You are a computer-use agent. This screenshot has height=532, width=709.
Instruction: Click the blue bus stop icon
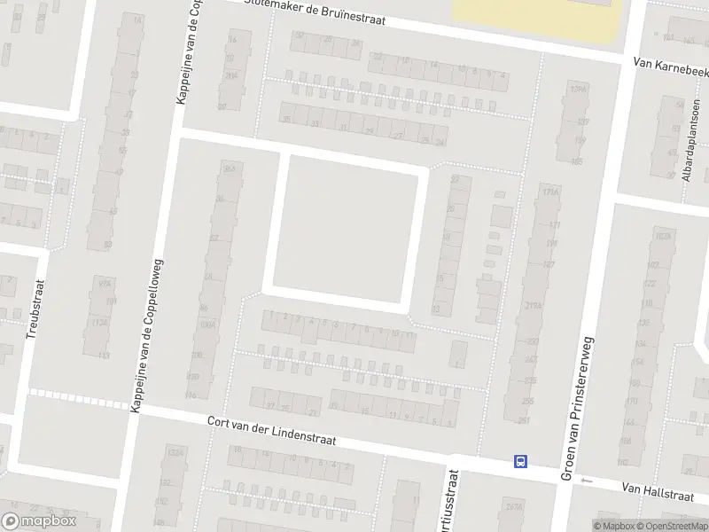pyautogui.click(x=520, y=460)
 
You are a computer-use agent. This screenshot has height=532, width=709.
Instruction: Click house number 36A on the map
pyautogui.click(x=230, y=168)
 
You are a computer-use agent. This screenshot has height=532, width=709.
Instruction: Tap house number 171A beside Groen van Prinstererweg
pyautogui.click(x=550, y=191)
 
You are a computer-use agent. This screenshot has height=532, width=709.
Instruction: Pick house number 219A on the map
pyautogui.click(x=533, y=305)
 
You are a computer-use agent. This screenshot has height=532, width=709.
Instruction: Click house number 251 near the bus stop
pyautogui.click(x=524, y=420)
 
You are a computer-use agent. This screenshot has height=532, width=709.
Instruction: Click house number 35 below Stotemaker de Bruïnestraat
pyautogui.click(x=285, y=118)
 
